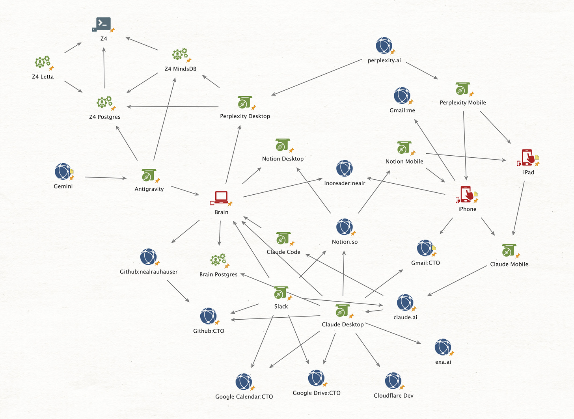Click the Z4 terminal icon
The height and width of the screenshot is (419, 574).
103,24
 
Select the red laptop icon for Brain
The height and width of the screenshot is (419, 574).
221,197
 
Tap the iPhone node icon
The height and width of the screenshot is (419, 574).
466,194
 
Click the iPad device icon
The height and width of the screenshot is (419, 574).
528,158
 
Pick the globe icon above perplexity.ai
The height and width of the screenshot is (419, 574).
384,46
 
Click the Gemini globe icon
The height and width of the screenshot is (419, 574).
63,171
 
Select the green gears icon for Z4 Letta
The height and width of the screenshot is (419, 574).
42,62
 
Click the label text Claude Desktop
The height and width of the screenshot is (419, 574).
343,324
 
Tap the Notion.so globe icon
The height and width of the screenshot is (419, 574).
344,227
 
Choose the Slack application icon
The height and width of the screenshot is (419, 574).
280,293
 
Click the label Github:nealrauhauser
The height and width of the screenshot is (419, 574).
149,272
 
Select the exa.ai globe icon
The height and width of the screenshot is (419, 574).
443,347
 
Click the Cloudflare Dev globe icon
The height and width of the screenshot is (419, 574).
393,381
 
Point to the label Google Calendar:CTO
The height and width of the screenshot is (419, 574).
244,397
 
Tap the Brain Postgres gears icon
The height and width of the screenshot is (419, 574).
218,260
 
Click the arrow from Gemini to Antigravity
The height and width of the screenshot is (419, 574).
106,178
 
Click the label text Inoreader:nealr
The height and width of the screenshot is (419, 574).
345,183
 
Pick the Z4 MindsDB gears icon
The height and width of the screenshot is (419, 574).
180,54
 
